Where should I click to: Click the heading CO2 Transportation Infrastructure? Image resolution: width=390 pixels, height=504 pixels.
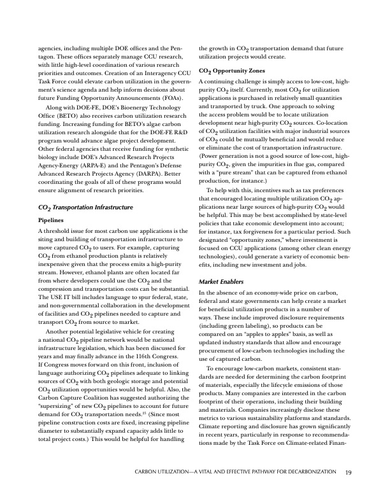(x=86, y=190)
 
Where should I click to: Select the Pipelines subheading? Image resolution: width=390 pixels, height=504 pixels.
(x=54, y=203)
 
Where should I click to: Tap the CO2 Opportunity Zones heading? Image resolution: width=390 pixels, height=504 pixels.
(x=230, y=71)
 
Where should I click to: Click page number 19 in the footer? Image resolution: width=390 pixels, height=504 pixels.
(x=349, y=472)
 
